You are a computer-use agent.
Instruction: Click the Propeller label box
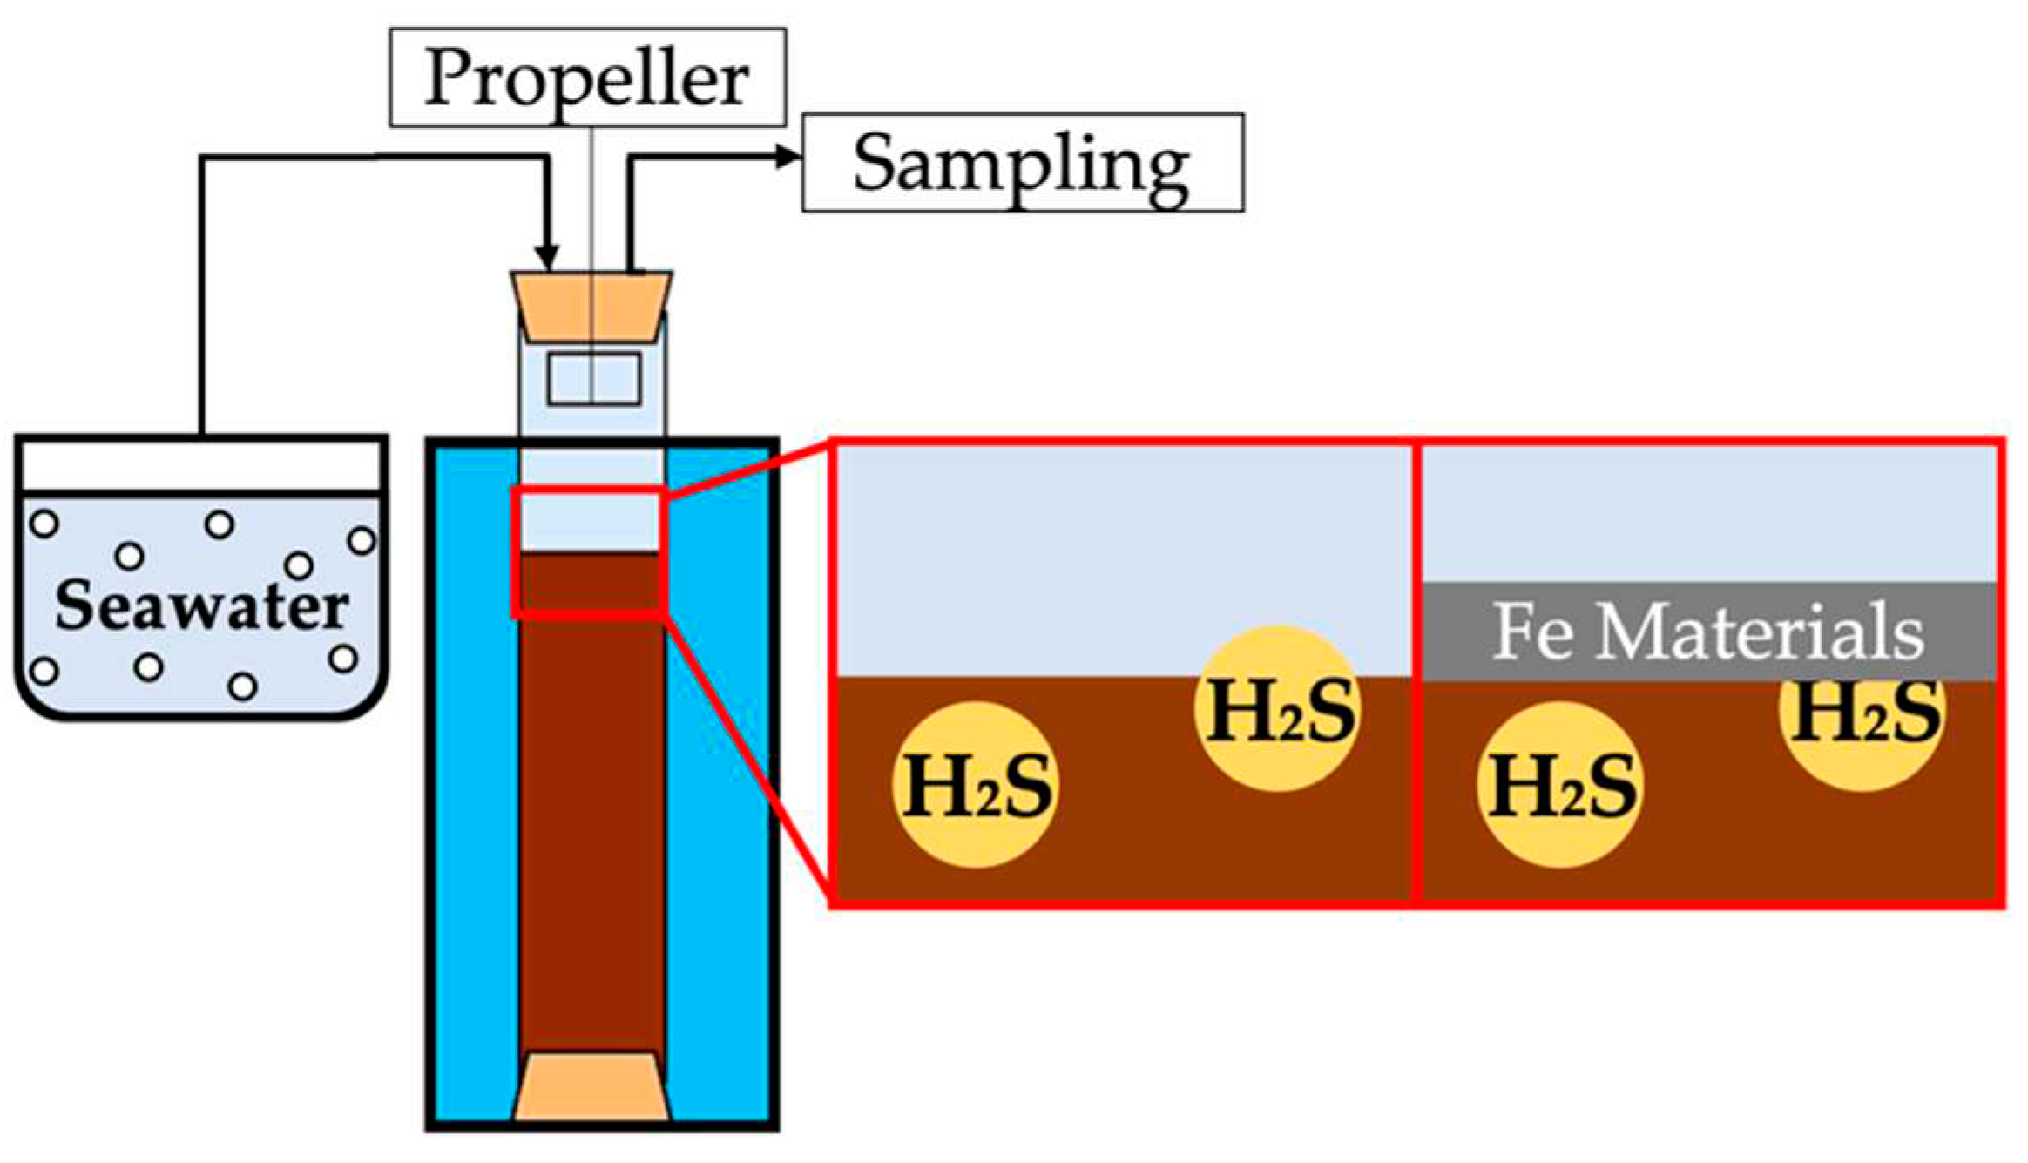click(x=587, y=78)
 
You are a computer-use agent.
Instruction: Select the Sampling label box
click(x=1022, y=163)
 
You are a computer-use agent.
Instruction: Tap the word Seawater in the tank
click(x=201, y=605)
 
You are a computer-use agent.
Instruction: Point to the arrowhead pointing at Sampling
click(x=788, y=157)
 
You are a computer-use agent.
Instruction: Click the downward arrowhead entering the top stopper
click(x=546, y=258)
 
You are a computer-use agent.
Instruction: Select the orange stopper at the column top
click(x=591, y=307)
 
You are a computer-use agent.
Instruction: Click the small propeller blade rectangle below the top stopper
click(x=594, y=379)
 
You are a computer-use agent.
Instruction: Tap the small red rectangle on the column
click(x=590, y=554)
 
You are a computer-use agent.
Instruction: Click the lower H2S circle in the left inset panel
click(x=977, y=785)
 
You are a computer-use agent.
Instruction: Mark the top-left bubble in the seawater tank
click(x=44, y=524)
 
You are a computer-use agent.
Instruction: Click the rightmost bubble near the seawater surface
click(x=362, y=541)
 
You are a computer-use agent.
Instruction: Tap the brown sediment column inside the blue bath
click(x=591, y=828)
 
